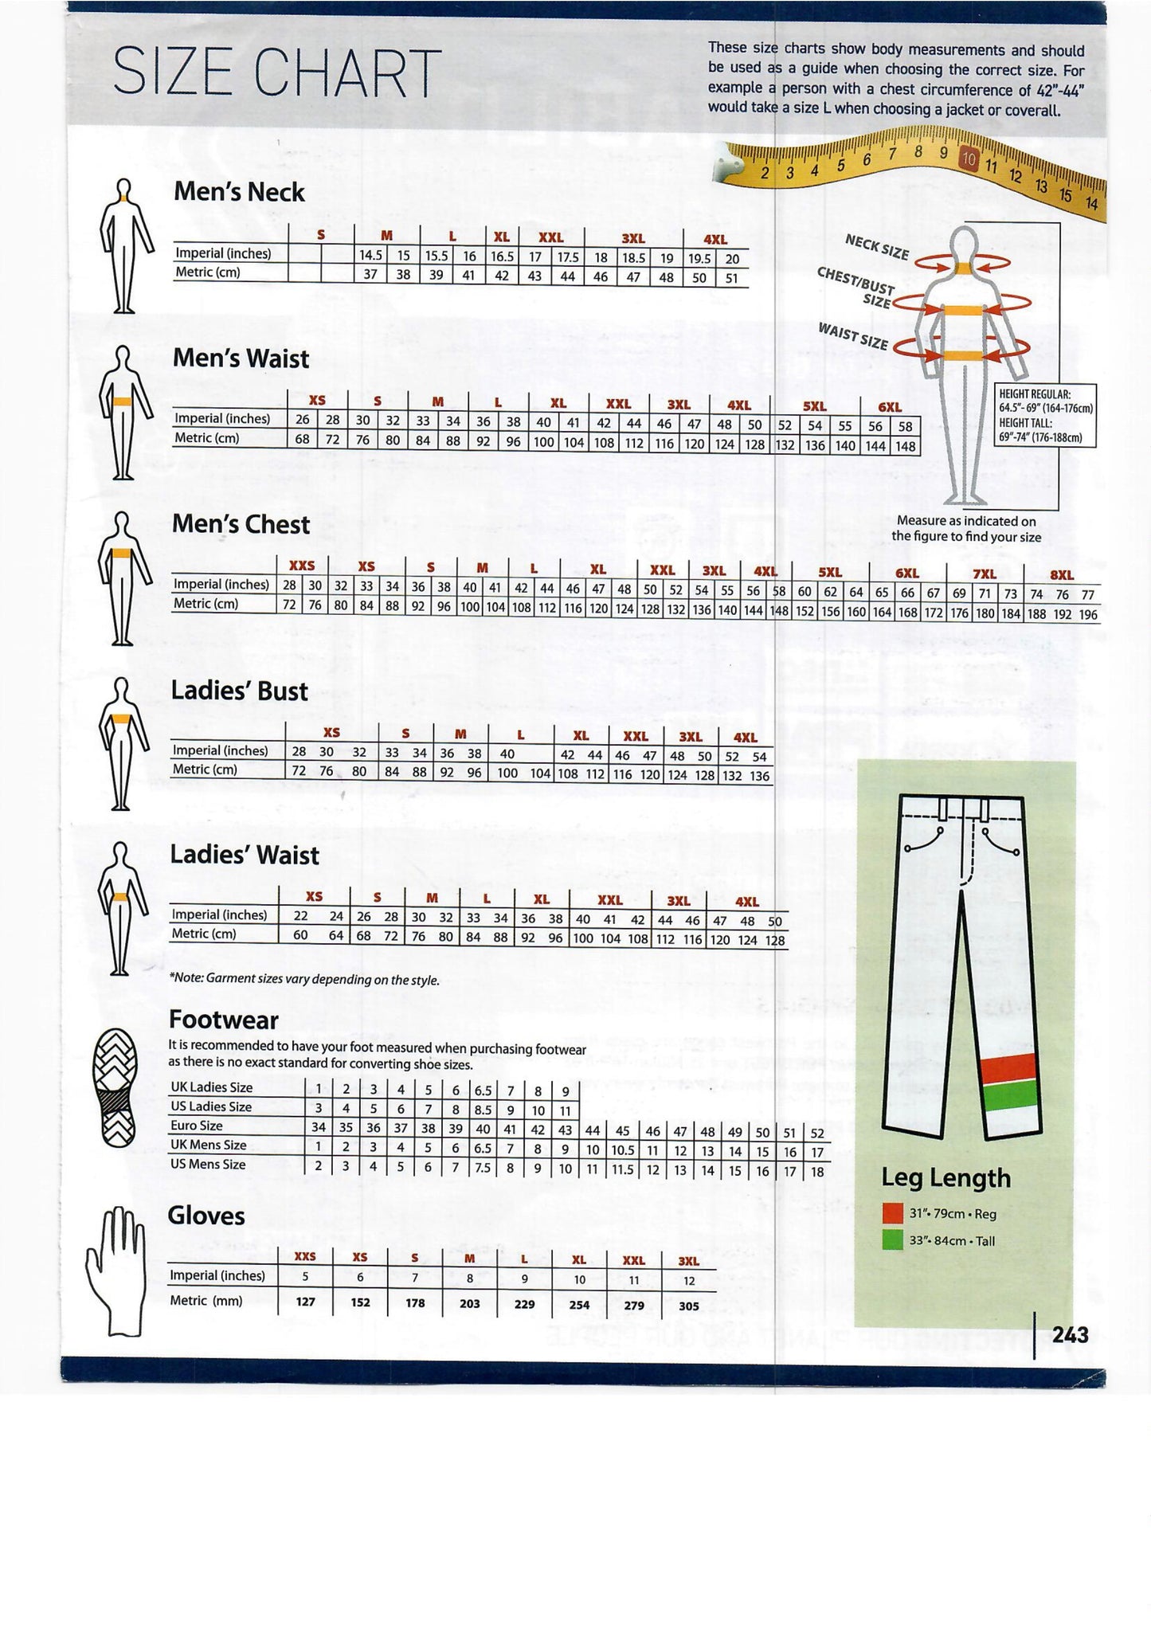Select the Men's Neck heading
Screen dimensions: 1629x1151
[239, 192]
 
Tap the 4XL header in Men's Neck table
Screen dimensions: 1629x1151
[714, 238]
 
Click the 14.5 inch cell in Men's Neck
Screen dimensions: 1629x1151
[370, 256]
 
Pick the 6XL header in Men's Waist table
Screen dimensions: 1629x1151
[889, 407]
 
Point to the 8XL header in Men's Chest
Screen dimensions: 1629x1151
[1062, 574]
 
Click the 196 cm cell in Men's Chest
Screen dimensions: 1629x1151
[1087, 614]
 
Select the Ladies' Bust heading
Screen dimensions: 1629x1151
[239, 691]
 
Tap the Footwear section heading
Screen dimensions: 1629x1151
[223, 1020]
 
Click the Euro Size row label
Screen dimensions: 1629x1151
[196, 1126]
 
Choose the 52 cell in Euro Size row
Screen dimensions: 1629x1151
[817, 1132]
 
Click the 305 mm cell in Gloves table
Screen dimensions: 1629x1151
[689, 1306]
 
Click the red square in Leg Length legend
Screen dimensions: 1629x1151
[893, 1214]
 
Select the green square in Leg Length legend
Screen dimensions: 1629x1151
[893, 1240]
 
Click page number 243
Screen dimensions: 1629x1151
[1070, 1335]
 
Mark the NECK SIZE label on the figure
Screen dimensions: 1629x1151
[876, 247]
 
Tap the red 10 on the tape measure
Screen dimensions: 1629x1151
[968, 159]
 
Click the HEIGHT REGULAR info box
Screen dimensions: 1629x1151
[1045, 415]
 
